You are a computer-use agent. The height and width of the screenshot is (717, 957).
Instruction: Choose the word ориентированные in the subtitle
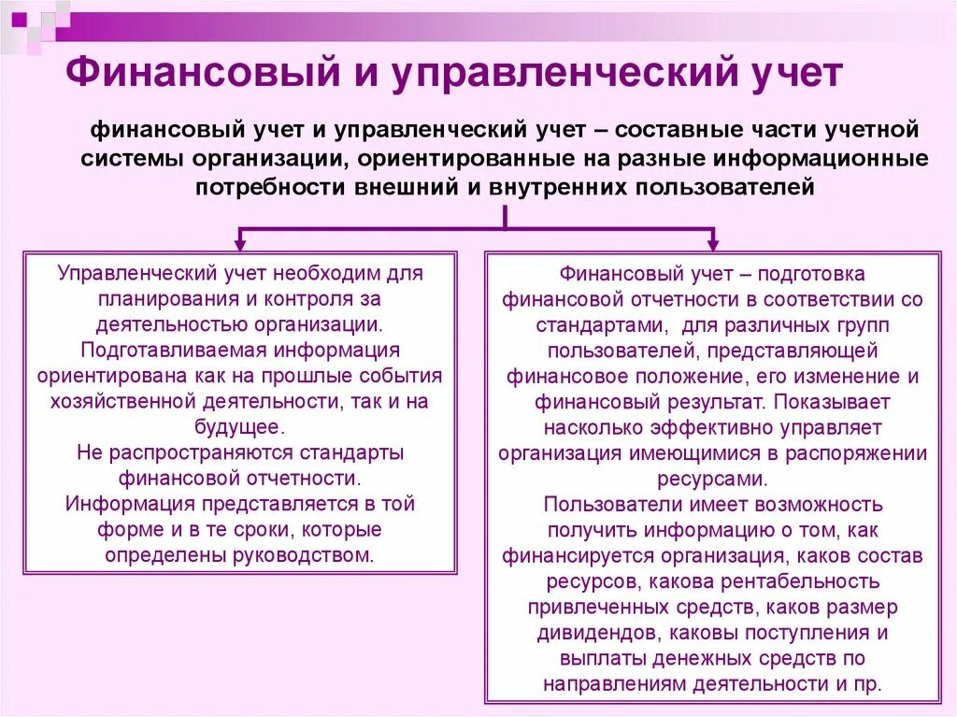click(x=520, y=157)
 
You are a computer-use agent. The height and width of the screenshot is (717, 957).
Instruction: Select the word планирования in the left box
click(x=159, y=299)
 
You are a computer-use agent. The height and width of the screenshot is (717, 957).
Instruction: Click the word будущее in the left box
click(x=241, y=426)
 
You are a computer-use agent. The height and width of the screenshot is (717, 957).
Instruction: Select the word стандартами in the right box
click(x=599, y=325)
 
